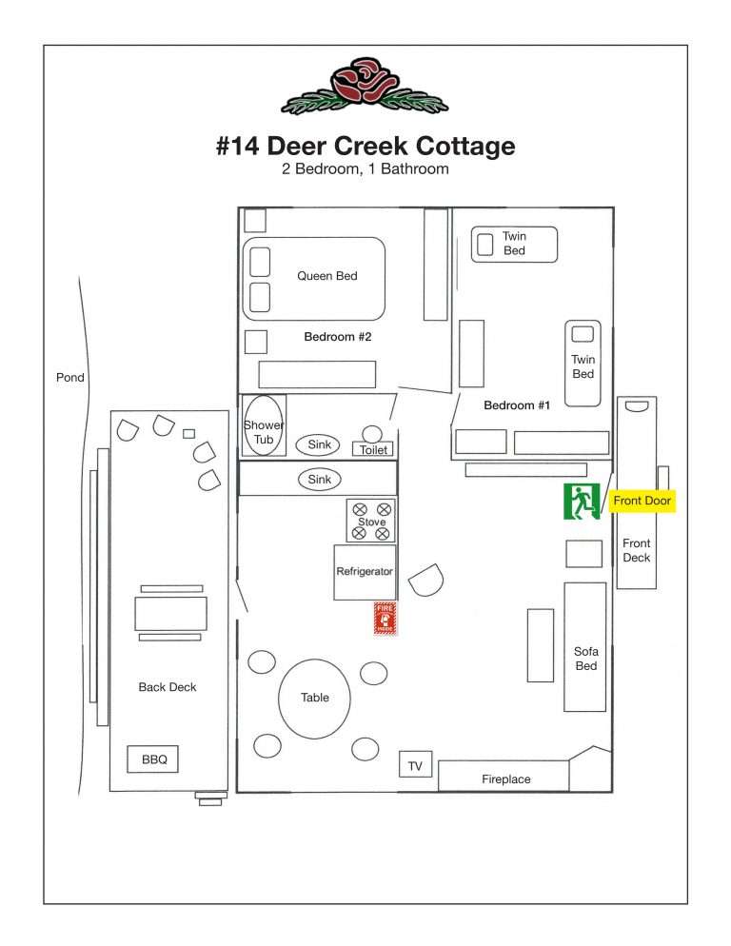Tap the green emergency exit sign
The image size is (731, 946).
(579, 502)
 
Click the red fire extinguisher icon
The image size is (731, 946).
(385, 618)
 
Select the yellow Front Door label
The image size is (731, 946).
(642, 501)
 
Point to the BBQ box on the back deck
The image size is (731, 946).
(154, 759)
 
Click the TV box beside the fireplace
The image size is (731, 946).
(415, 765)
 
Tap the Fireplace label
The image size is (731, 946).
(505, 779)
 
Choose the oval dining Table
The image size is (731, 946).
(315, 698)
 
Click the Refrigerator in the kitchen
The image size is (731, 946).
(365, 572)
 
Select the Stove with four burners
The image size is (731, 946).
(371, 522)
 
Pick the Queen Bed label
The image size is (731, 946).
(326, 276)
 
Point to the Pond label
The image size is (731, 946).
(69, 378)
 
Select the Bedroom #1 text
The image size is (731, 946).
(517, 405)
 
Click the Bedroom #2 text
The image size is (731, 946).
(337, 337)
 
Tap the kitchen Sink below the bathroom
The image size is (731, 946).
(320, 480)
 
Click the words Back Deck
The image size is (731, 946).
(168, 687)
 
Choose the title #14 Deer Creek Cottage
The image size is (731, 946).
(365, 147)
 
